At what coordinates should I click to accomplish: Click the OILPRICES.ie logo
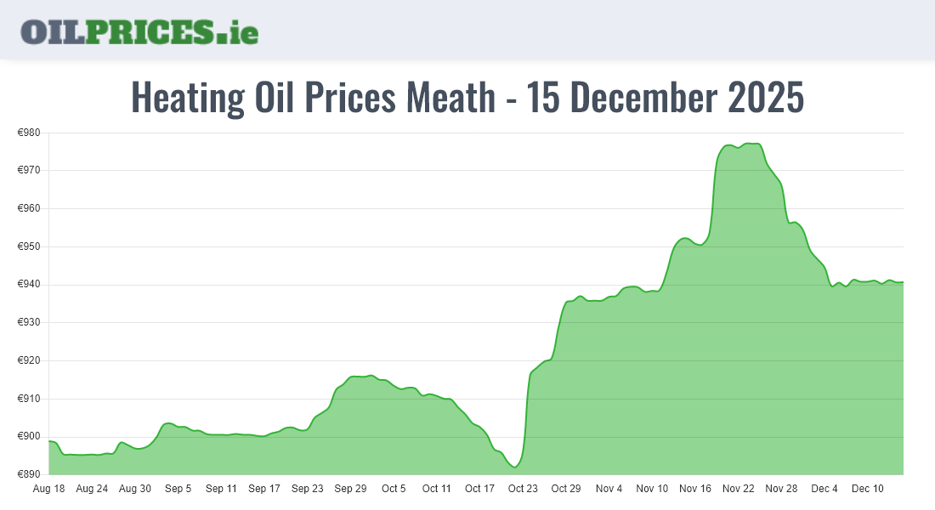pyautogui.click(x=139, y=31)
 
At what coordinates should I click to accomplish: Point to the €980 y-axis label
pyautogui.click(x=30, y=133)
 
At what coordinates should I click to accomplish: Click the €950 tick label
pyautogui.click(x=30, y=246)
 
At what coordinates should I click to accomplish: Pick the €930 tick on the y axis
pyautogui.click(x=30, y=323)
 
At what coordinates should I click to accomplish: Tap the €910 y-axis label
pyautogui.click(x=30, y=399)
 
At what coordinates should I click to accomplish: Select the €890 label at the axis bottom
pyautogui.click(x=30, y=474)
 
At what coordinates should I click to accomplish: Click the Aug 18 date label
pyautogui.click(x=48, y=489)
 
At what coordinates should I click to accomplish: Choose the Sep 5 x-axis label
pyautogui.click(x=178, y=489)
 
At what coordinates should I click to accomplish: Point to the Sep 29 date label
pyautogui.click(x=350, y=489)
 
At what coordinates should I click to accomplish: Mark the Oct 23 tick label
pyautogui.click(x=523, y=489)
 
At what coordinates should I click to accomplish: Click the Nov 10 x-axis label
pyautogui.click(x=652, y=489)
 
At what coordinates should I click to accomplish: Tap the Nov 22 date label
pyautogui.click(x=739, y=489)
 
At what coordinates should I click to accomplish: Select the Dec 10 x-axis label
pyautogui.click(x=868, y=489)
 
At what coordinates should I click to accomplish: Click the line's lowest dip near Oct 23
pyautogui.click(x=515, y=467)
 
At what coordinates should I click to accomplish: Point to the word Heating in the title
pyautogui.click(x=187, y=98)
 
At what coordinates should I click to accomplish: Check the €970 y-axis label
pyautogui.click(x=30, y=171)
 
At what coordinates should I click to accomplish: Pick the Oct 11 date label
pyautogui.click(x=437, y=489)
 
